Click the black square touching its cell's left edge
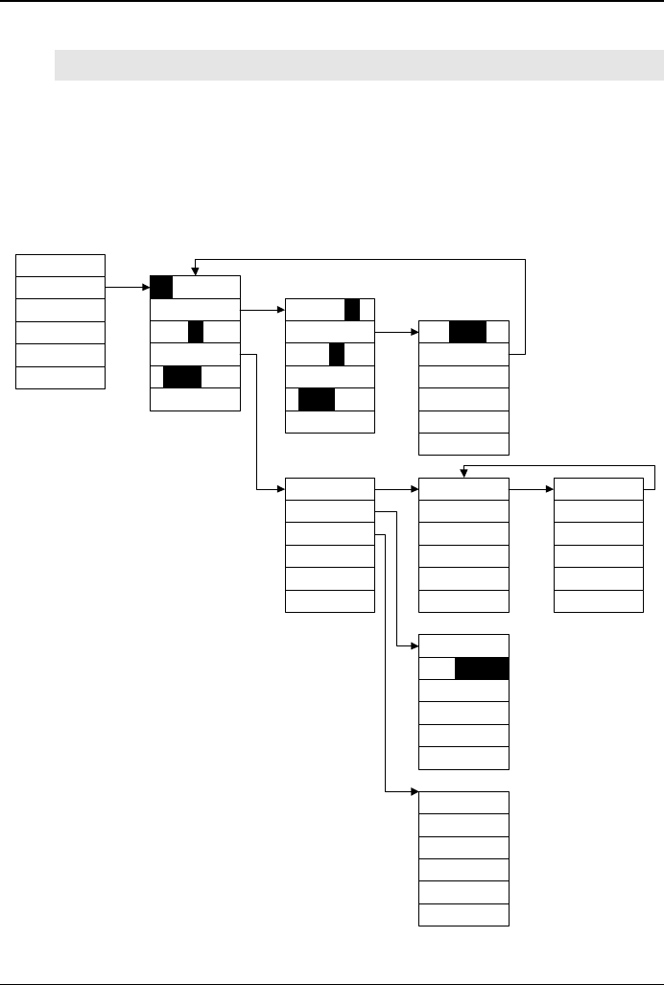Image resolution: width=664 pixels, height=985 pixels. click(x=162, y=287)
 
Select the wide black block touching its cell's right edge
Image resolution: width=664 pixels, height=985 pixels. click(x=482, y=668)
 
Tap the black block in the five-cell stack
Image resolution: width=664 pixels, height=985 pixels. click(x=467, y=332)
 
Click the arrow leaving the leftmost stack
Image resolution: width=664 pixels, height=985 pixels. click(x=127, y=287)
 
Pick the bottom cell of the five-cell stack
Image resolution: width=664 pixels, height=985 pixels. click(x=464, y=443)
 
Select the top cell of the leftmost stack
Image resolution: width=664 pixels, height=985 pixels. click(x=60, y=265)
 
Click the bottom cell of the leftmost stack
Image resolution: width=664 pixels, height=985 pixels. click(x=60, y=377)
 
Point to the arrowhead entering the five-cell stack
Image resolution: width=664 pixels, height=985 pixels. click(x=415, y=332)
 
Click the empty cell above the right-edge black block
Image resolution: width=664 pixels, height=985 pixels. click(x=464, y=645)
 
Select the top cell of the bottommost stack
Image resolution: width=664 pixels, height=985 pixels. click(x=464, y=803)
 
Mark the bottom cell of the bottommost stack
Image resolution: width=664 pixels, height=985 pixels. click(x=464, y=915)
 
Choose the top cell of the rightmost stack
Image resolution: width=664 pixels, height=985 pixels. click(x=599, y=488)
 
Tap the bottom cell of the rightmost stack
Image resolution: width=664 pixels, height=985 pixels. click(x=599, y=601)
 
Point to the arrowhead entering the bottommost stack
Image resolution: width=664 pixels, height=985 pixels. click(x=415, y=792)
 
